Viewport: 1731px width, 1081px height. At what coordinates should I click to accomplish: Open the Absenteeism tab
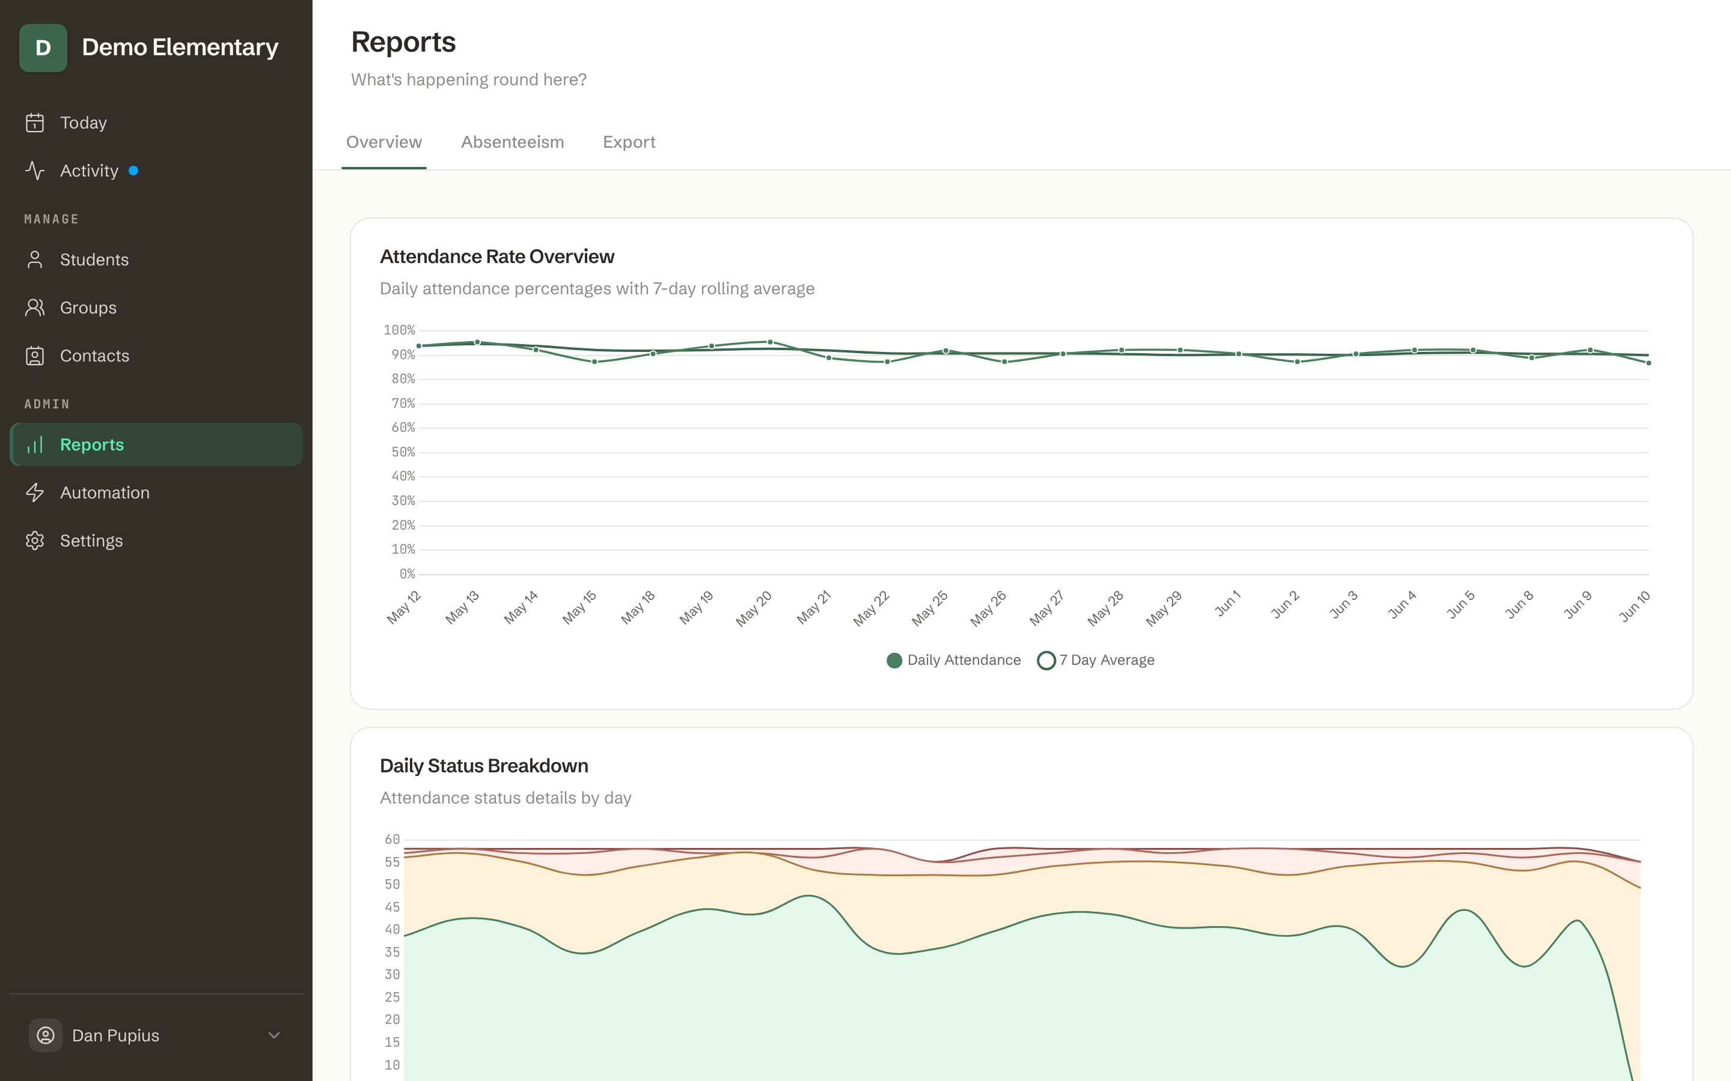(512, 142)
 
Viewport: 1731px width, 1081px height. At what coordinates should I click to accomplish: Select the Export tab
(629, 142)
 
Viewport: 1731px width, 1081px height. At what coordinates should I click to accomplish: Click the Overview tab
(384, 142)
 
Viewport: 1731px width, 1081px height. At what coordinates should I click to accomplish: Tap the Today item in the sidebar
(83, 123)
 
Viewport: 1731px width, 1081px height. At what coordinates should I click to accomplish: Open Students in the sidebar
(94, 259)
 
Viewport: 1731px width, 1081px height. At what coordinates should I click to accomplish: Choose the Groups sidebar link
(88, 307)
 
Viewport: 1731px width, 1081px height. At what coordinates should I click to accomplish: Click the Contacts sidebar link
(94, 356)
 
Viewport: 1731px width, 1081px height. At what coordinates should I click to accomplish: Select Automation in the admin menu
(105, 492)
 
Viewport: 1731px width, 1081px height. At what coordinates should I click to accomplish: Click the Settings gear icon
(35, 540)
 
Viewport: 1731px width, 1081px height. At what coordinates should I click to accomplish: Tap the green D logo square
(43, 48)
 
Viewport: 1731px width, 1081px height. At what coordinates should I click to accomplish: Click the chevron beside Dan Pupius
(274, 1035)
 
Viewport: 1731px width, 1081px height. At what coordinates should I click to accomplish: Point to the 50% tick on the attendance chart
(403, 452)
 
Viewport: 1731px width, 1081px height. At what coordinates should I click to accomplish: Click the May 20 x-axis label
(754, 608)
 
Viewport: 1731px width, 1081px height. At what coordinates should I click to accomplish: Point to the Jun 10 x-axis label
(1634, 607)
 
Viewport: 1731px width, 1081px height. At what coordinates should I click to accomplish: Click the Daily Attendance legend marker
(894, 661)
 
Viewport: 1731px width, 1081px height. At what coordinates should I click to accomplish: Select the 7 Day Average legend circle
(1046, 661)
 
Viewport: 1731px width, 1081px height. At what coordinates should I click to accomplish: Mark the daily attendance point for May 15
(594, 362)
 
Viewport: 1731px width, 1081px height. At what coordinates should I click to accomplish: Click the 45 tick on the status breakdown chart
(392, 907)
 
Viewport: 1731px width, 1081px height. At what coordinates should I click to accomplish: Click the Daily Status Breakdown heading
(484, 766)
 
